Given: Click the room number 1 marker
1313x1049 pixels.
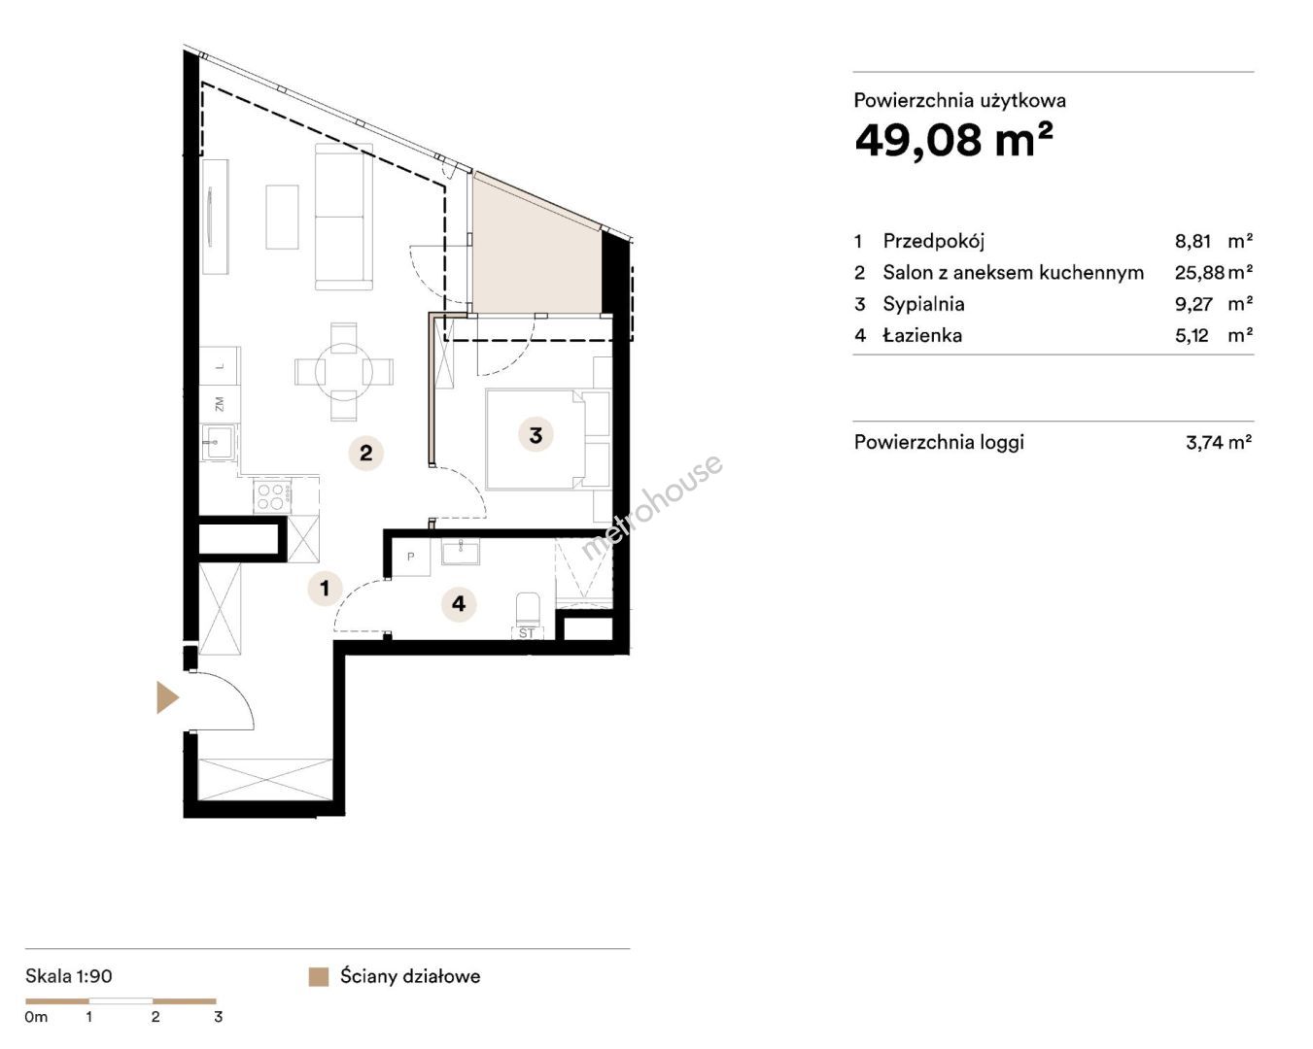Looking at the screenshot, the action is (x=326, y=589).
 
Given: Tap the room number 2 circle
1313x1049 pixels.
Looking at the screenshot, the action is (x=366, y=454).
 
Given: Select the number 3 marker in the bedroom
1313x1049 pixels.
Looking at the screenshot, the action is (x=536, y=435).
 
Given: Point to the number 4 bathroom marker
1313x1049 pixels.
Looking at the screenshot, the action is (x=459, y=604).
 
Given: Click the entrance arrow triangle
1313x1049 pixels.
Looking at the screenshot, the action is (x=167, y=697).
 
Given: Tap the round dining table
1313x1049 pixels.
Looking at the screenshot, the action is (x=344, y=372).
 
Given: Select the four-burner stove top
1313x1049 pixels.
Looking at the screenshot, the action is (x=272, y=495).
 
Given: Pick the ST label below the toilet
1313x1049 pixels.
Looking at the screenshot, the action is (x=527, y=633).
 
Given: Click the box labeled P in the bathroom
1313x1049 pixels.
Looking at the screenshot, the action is (x=411, y=557).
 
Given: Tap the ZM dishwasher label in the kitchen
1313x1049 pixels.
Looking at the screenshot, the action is (x=220, y=404).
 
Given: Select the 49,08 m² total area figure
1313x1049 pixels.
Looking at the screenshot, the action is (x=953, y=140).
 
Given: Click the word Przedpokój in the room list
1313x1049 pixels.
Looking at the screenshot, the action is (x=934, y=242).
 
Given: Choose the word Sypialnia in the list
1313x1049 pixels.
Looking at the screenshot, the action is (x=923, y=304).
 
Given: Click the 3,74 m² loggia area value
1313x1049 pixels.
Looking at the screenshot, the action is (x=1219, y=442).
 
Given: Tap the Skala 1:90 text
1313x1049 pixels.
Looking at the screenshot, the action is (x=69, y=976).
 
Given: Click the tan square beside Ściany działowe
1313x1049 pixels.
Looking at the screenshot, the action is (x=319, y=976).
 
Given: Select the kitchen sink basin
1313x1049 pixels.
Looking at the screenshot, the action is (x=217, y=442).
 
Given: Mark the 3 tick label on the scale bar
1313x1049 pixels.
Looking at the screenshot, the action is (x=219, y=1017).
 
